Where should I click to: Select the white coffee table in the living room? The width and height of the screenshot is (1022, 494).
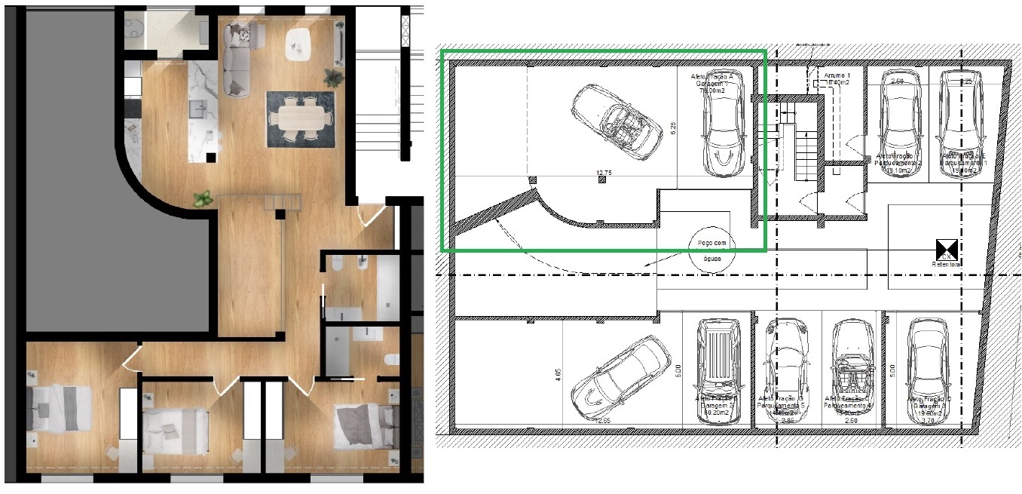pyautogui.click(x=297, y=43)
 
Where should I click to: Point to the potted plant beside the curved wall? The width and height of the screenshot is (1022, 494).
pyautogui.click(x=202, y=199)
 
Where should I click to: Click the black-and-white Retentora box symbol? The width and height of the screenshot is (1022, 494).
pyautogui.click(x=946, y=248)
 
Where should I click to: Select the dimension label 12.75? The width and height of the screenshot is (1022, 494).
pyautogui.click(x=603, y=173)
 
